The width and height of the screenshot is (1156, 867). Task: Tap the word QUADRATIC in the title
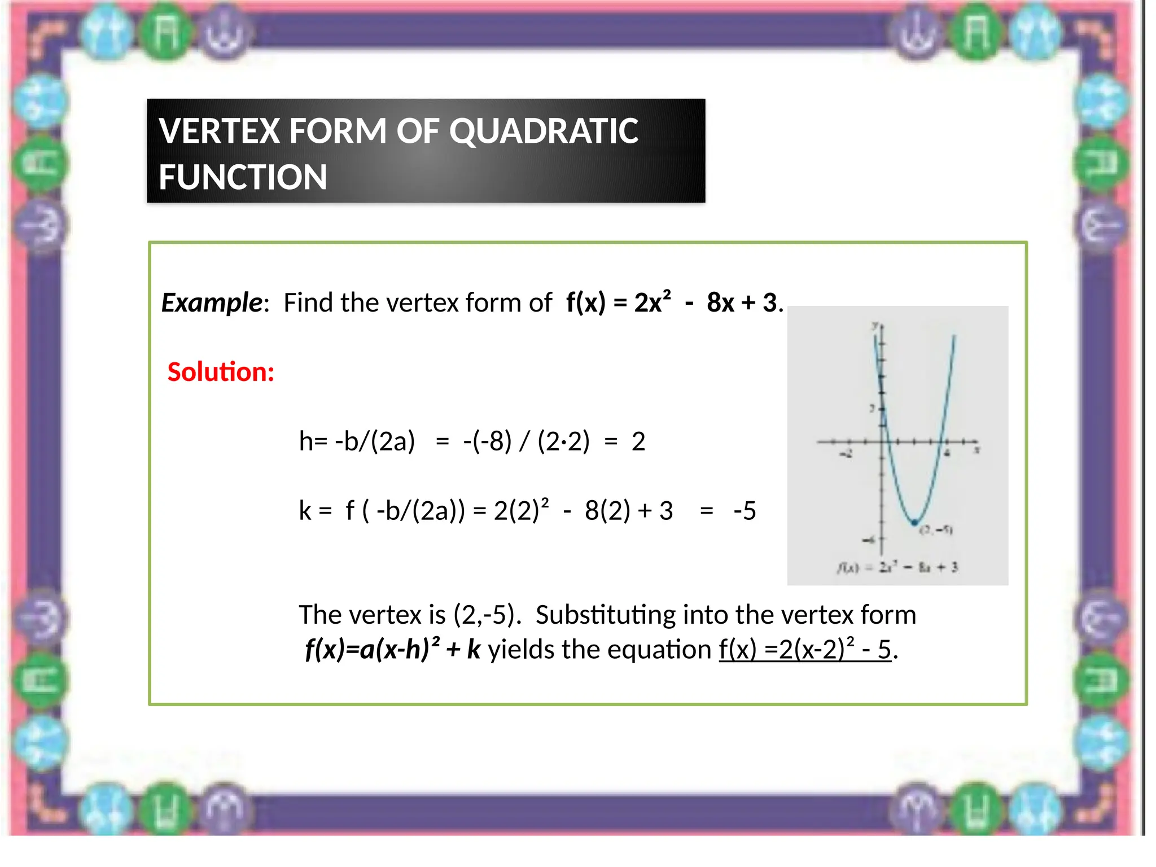coord(544,131)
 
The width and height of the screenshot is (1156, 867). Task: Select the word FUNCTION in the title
coord(243,177)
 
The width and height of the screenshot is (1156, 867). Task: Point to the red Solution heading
coord(221,372)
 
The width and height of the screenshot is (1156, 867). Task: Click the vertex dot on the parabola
coord(914,523)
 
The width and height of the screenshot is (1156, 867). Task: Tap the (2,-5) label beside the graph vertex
coord(936,530)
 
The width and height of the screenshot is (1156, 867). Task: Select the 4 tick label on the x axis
coord(948,453)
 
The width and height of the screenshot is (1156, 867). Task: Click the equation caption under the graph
coord(897,567)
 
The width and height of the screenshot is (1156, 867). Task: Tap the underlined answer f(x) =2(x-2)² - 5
coord(805,650)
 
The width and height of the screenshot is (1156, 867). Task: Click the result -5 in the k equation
coord(745,511)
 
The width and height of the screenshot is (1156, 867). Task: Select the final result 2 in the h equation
coord(638,441)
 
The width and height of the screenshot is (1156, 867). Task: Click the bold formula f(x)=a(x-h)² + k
coord(392,650)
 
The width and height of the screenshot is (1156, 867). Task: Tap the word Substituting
coord(605,615)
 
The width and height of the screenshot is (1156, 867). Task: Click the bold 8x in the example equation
coord(721,303)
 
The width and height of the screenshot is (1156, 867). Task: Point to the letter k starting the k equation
coord(305,511)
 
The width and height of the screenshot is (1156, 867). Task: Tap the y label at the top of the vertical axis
coord(875,326)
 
